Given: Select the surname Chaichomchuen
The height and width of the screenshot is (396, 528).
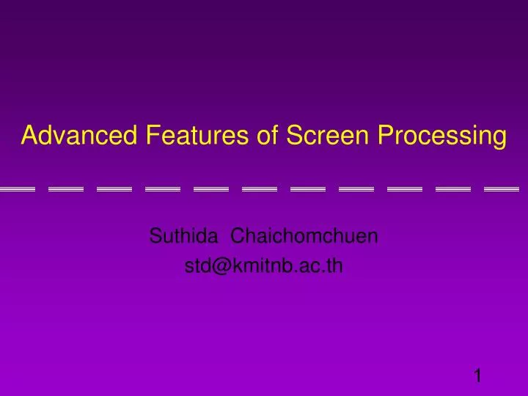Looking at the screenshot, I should point(304,236).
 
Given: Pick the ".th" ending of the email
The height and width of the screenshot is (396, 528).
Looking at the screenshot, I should point(332,265).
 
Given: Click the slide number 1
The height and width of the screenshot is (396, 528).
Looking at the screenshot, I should point(477,376).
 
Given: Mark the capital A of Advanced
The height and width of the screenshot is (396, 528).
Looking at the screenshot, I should point(29,136).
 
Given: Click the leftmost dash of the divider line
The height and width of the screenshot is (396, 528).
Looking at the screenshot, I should point(17,189).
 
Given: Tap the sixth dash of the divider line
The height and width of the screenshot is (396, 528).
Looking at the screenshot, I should point(260,189).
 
